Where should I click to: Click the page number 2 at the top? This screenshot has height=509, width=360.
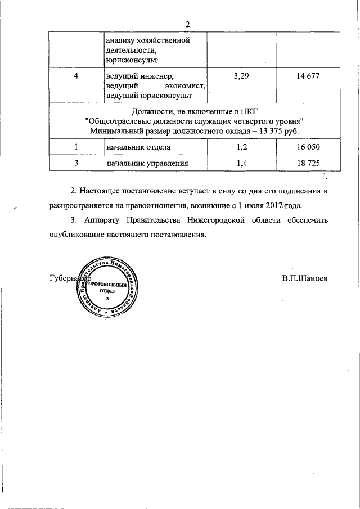coord(188,24)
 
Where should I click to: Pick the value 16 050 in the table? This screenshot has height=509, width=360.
coord(309,147)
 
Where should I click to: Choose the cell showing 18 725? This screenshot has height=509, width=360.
coord(309,163)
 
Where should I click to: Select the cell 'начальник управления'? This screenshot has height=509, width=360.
coord(146,163)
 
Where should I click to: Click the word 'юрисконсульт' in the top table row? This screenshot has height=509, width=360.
coord(131,58)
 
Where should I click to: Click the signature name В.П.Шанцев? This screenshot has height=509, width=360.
coord(305,278)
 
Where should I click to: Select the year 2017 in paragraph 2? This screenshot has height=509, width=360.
coord(277,206)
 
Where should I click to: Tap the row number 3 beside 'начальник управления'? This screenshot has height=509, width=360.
coord(75,163)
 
